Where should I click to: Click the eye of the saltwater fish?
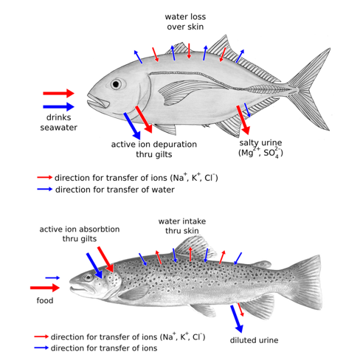point(116,84)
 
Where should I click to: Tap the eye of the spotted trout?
point(89,278)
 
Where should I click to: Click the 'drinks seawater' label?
point(59,122)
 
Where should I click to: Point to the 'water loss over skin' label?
point(185,21)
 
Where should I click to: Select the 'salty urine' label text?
point(260,142)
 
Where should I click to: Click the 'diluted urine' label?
point(254,340)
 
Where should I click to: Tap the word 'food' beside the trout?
point(45,300)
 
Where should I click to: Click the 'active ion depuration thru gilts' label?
point(154,149)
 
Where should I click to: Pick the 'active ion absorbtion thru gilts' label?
point(80,234)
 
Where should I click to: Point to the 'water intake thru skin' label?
point(182,226)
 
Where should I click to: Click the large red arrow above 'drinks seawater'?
point(58,93)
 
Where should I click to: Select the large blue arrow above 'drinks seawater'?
point(58,107)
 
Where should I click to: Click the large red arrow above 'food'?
point(45,288)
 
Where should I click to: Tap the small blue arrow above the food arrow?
point(52,278)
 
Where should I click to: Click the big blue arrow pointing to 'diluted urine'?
point(237,319)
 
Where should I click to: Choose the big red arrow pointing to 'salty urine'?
point(243,120)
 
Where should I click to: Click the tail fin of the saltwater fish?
point(310,90)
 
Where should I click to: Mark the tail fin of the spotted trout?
point(306,283)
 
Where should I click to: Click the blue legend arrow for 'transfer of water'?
point(45,190)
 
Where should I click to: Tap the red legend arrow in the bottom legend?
point(41,336)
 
